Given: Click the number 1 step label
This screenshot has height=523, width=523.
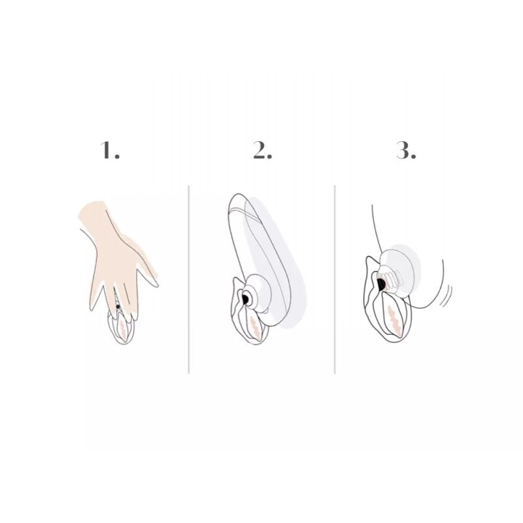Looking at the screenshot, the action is [x=110, y=150].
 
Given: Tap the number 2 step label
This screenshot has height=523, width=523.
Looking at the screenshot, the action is [x=263, y=150].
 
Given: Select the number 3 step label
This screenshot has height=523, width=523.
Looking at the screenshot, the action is [x=406, y=150].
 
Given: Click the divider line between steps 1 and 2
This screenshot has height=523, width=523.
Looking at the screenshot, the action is [x=189, y=280].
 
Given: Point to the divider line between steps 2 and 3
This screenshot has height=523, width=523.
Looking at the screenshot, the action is [x=335, y=280].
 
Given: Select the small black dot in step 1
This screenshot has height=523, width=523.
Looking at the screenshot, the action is [x=118, y=307].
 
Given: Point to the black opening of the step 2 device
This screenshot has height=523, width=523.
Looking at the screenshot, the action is [x=245, y=299].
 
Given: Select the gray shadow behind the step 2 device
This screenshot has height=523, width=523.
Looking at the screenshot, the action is [x=277, y=260].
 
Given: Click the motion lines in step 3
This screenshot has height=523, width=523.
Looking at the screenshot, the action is [x=446, y=295].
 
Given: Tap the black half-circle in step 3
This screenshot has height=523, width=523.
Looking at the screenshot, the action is [x=382, y=284].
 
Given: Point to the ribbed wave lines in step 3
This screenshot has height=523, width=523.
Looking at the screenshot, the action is [x=390, y=281].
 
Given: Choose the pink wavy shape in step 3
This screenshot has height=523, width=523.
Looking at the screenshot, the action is [x=394, y=320].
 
